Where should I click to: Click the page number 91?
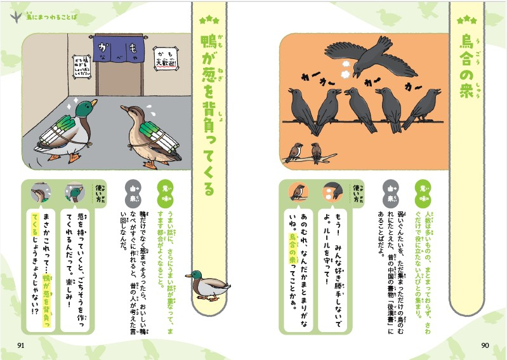pos(20,345)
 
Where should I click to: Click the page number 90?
pos(486,345)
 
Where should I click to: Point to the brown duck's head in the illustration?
pos(129,114)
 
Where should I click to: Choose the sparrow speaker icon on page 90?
pos(297,191)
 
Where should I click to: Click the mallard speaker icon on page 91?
pos(74,192)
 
